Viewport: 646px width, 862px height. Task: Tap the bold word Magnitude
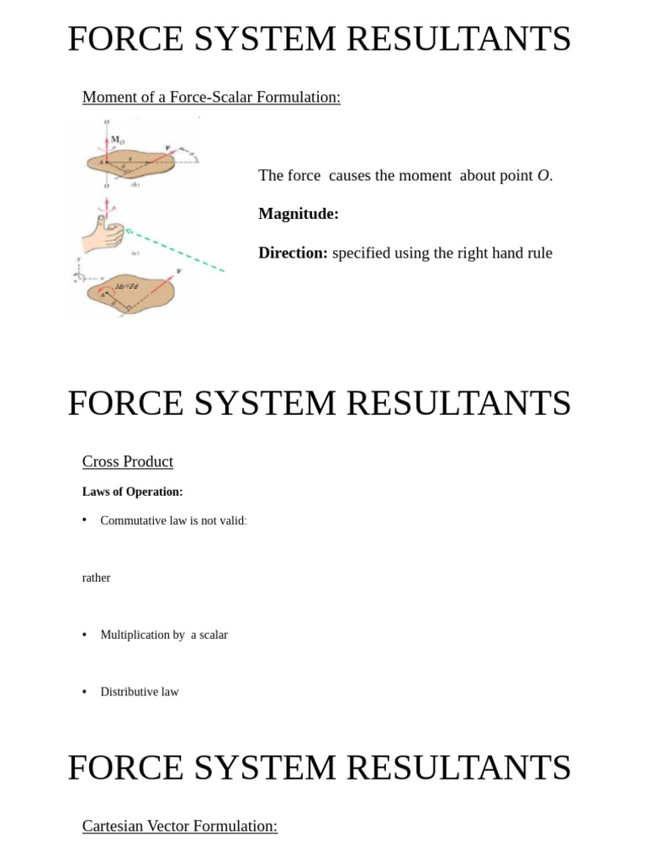[x=298, y=214]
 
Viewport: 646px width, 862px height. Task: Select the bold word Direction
[x=292, y=253]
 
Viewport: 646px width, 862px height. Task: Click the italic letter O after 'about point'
[x=543, y=175]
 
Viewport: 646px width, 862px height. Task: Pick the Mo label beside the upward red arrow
[x=119, y=140]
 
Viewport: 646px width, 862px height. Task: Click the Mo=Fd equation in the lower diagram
[x=127, y=287]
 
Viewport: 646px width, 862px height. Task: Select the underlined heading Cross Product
[x=127, y=461]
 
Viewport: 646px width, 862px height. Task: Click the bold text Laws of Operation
[x=132, y=492]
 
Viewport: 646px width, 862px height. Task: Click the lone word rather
[x=96, y=577]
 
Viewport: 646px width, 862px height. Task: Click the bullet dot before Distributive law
[x=85, y=692]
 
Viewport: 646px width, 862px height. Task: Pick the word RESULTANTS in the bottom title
[x=458, y=768]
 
